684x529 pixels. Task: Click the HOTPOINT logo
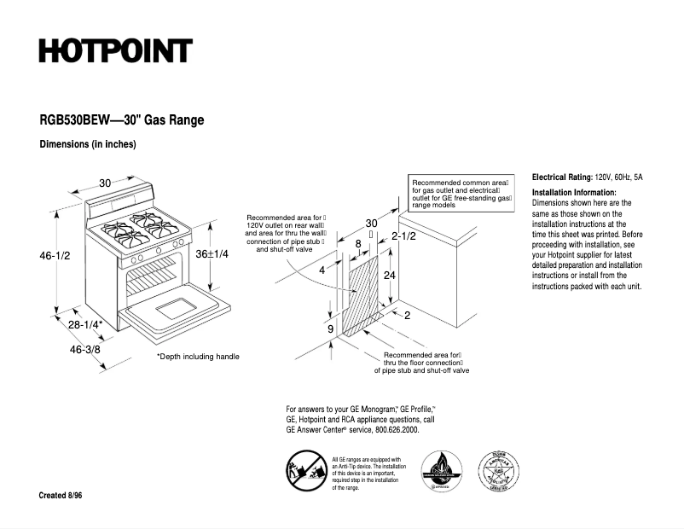(x=115, y=51)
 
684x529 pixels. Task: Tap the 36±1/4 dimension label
(x=212, y=254)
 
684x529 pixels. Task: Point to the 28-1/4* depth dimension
(x=86, y=324)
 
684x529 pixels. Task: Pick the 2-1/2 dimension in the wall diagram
(x=403, y=236)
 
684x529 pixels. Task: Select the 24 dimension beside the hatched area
(x=389, y=276)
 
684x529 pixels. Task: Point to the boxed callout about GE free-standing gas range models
(x=461, y=195)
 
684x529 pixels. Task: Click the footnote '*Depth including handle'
(x=198, y=357)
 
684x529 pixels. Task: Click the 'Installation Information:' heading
(x=573, y=193)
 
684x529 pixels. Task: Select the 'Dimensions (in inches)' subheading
(x=88, y=144)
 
